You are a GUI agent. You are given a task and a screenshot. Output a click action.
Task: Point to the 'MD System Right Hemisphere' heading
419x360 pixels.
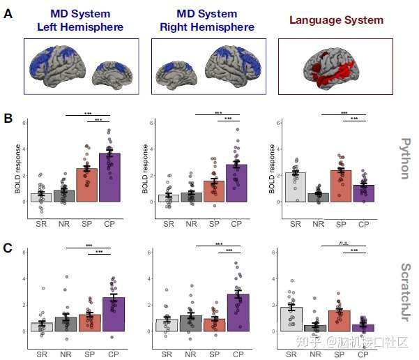(x=207, y=21)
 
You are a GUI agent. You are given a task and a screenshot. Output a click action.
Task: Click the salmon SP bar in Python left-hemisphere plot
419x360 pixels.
(x=86, y=185)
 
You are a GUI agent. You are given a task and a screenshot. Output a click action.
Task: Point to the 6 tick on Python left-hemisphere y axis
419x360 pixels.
(x=24, y=123)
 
